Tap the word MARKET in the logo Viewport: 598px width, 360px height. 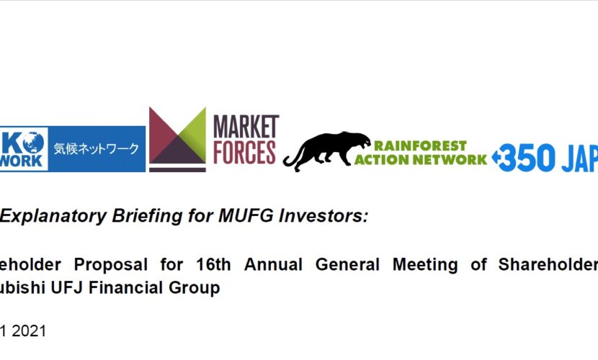click(x=245, y=127)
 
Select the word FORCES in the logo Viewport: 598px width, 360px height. click(x=245, y=152)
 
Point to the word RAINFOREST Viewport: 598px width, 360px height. click(x=421, y=145)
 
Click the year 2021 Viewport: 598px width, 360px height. click(x=31, y=331)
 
